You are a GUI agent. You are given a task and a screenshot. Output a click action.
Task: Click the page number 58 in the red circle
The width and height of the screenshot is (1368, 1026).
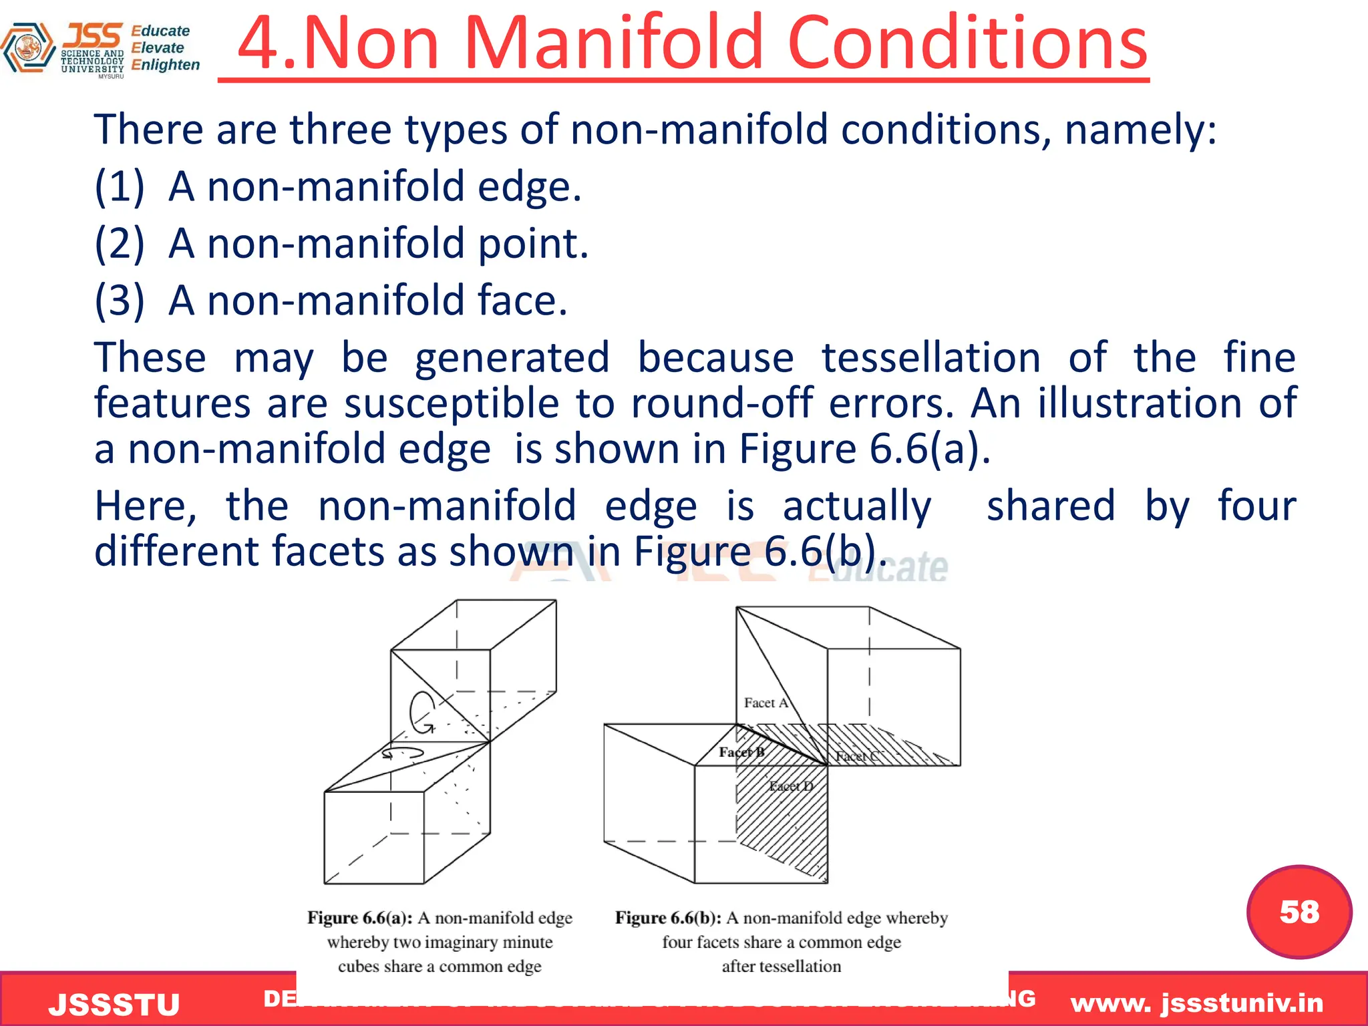coord(1299,912)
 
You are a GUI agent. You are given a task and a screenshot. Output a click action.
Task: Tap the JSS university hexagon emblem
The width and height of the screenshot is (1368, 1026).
coord(28,47)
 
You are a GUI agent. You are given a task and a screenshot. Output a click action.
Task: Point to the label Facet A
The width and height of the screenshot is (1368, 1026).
coord(765,703)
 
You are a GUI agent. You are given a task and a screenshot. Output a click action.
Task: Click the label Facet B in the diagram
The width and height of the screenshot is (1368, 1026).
coord(741,752)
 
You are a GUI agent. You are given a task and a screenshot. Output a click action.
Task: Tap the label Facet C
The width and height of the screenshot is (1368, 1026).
coord(858,756)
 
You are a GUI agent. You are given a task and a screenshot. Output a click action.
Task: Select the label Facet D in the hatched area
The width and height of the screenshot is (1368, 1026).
coord(791,786)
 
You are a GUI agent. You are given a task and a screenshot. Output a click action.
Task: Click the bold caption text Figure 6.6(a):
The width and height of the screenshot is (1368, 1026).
coord(360,918)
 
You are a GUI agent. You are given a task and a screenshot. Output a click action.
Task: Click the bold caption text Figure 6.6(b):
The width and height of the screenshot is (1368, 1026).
coord(668,918)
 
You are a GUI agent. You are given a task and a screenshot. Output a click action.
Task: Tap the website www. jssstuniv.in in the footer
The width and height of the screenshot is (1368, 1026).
coord(1196,1003)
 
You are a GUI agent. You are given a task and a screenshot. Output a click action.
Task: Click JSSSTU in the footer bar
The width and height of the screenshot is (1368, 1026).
coord(114,1005)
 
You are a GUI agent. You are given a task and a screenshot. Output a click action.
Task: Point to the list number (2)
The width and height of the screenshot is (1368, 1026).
coord(119,243)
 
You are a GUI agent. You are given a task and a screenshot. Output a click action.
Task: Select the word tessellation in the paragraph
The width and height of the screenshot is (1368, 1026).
coord(930,357)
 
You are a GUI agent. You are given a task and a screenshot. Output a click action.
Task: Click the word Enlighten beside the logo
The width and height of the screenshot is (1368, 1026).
coord(166,65)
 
